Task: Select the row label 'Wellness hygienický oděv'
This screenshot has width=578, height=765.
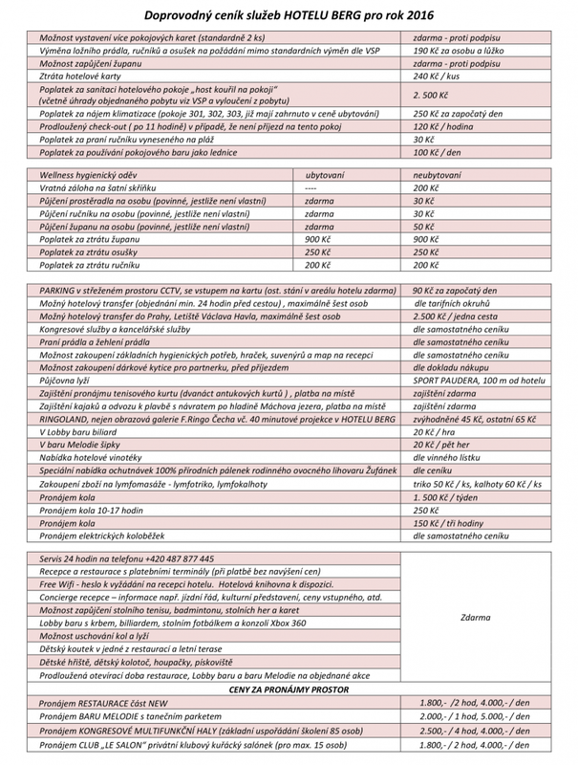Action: click(94, 176)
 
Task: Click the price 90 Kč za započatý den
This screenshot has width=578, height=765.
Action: click(455, 289)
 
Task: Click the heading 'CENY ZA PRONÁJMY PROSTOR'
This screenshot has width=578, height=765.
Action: click(288, 688)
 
